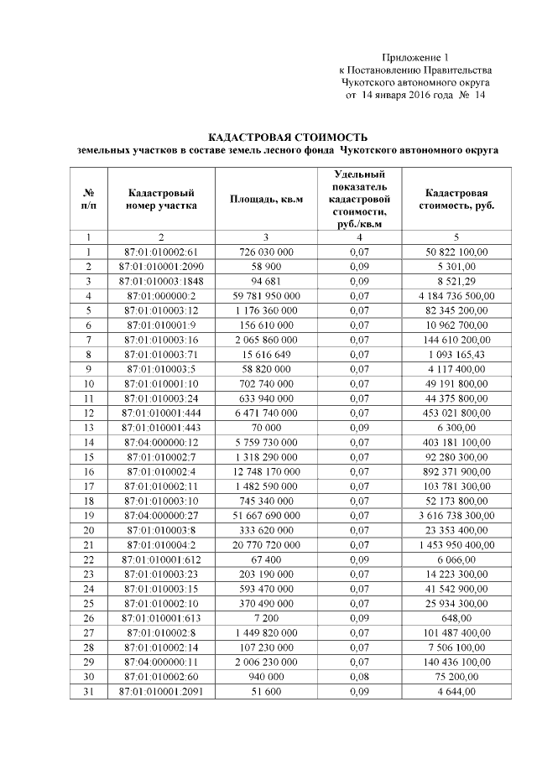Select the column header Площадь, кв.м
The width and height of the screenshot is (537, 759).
[x=266, y=199]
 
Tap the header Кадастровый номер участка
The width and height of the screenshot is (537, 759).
[x=162, y=199]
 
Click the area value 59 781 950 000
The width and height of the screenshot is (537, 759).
[x=266, y=296]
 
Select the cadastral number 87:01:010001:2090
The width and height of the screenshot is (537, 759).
[x=162, y=266]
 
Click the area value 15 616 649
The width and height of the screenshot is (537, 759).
[x=266, y=355]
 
